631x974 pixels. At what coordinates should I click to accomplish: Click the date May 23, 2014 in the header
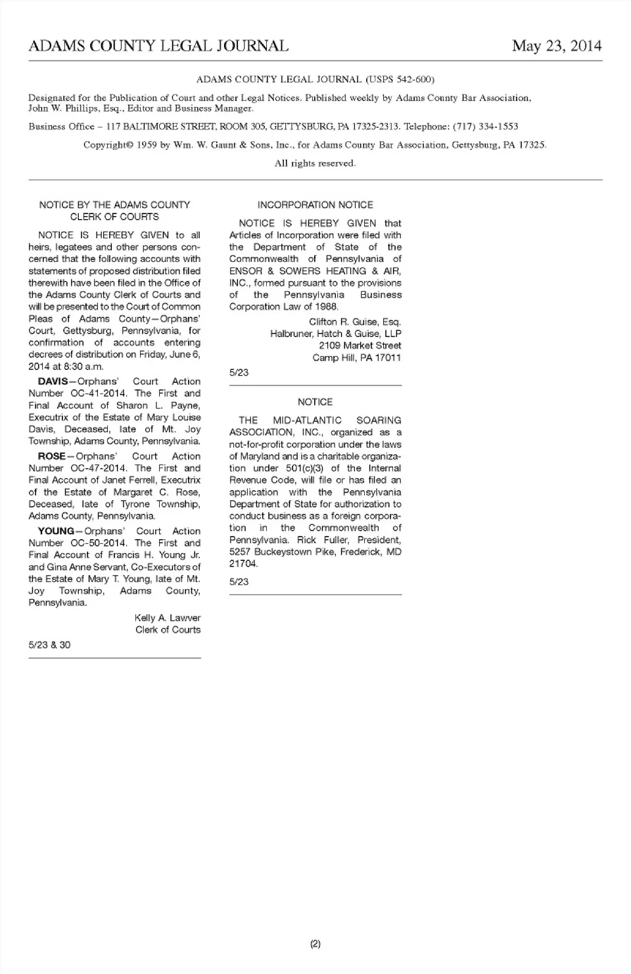[557, 45]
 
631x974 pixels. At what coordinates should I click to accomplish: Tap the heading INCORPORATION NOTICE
[315, 205]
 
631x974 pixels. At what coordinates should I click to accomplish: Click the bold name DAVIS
[53, 382]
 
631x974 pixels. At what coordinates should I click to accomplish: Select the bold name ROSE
[51, 456]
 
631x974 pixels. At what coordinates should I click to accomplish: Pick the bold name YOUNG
[56, 531]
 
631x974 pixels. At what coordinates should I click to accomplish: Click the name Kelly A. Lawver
[168, 618]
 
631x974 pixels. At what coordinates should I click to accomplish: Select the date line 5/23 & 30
[49, 645]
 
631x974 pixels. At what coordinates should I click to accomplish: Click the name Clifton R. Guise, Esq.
[355, 322]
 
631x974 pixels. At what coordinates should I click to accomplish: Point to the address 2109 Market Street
[360, 345]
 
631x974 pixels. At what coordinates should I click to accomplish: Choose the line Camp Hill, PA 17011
[356, 358]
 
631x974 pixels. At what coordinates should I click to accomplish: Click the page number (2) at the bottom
[315, 944]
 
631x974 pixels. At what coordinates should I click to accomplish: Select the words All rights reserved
[315, 163]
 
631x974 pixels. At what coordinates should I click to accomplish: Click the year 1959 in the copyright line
[147, 144]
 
